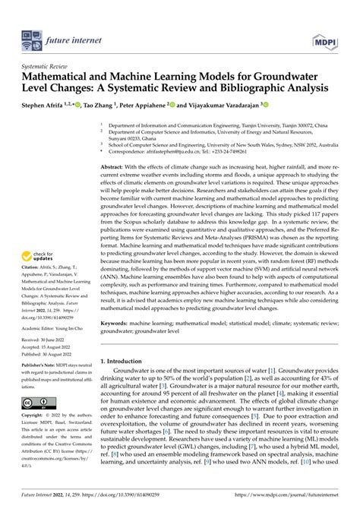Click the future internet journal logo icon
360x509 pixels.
click(31, 34)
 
